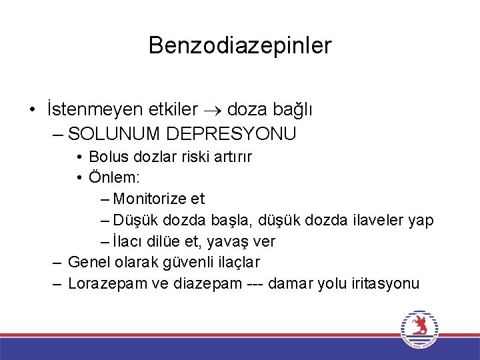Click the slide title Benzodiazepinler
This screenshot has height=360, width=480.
tap(240, 45)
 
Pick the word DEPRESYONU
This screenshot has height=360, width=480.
tap(231, 134)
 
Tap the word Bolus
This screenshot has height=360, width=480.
tap(109, 157)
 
